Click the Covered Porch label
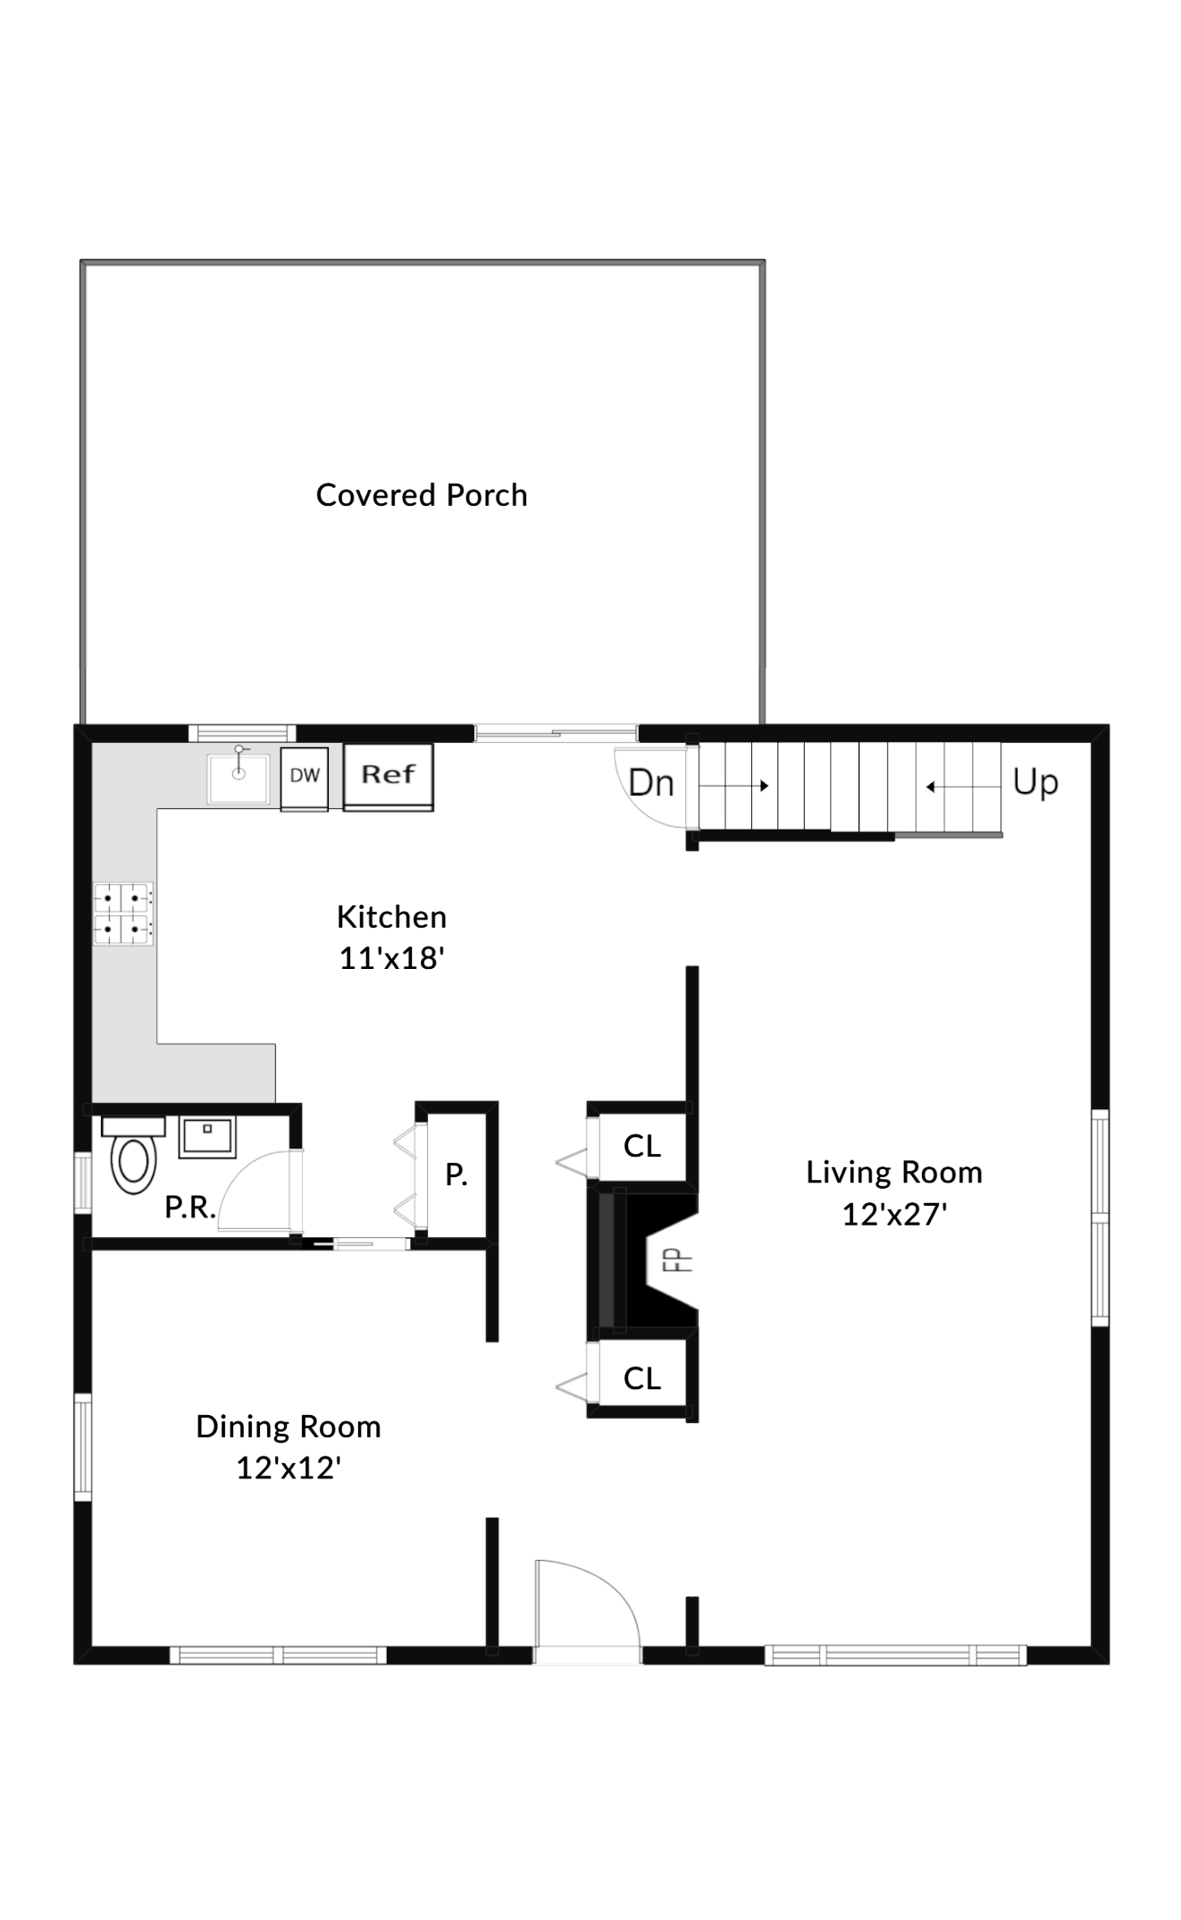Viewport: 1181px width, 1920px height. pos(422,495)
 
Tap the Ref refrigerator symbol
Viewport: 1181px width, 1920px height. pos(389,774)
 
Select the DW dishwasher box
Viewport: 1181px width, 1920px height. pos(305,776)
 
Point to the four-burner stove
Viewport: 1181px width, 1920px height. pos(123,914)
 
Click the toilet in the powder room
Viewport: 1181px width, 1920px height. pos(133,1160)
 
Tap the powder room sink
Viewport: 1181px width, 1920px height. pos(207,1136)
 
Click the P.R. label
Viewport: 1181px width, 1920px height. pos(189,1208)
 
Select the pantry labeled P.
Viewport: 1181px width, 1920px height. pos(456,1175)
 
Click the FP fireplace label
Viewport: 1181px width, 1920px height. pos(681,1260)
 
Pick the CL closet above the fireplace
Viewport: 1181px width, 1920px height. pos(642,1146)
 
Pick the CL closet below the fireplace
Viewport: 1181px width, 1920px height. pos(642,1378)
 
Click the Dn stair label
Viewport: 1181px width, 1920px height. pos(650,784)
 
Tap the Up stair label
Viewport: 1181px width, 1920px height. pos(1035,782)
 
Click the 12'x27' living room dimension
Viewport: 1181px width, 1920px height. pos(894,1214)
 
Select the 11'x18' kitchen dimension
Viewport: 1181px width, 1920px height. pos(391,958)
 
